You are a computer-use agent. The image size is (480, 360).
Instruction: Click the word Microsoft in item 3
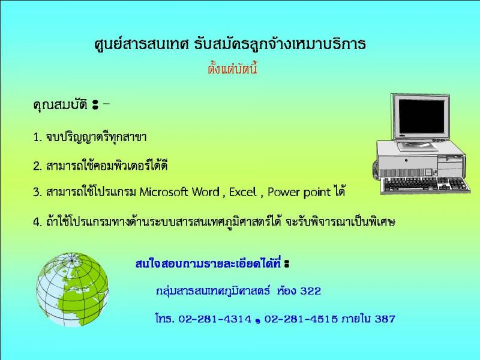[163, 192]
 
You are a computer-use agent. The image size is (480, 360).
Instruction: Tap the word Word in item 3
[206, 192]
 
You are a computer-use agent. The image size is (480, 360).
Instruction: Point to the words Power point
[299, 193]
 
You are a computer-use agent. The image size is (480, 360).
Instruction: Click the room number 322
[311, 290]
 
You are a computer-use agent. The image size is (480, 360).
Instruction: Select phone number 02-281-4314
[215, 319]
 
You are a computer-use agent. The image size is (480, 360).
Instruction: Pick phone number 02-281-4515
[301, 319]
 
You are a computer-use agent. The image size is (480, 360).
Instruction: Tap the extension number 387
[385, 319]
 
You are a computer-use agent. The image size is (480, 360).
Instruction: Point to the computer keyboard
[426, 184]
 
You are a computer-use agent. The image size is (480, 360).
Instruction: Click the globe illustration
[72, 290]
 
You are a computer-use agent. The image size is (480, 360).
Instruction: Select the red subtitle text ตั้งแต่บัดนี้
[232, 68]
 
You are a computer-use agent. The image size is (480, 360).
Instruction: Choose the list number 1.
[37, 137]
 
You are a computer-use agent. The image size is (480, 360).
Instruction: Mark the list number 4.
[37, 222]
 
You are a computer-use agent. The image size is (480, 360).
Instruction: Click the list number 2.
[37, 166]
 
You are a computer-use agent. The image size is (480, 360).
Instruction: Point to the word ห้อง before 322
[286, 290]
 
